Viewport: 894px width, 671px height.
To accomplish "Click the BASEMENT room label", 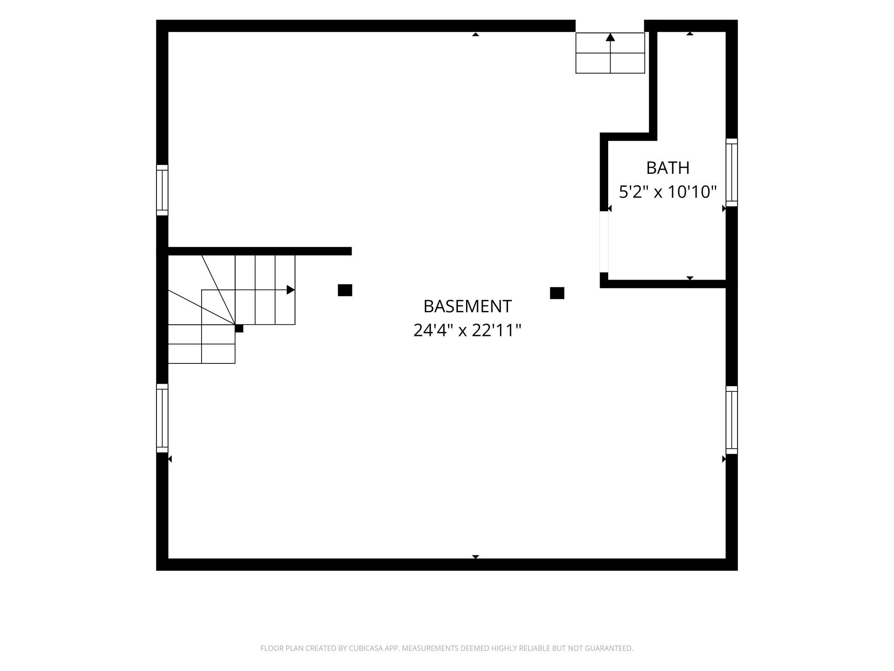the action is [x=468, y=307].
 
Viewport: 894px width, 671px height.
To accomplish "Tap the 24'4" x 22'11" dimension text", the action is [x=467, y=330].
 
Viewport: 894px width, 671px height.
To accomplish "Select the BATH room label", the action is [x=668, y=168].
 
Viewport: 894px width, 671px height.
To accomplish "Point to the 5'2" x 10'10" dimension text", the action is [x=668, y=191].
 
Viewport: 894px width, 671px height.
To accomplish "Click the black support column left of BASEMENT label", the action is [x=345, y=290].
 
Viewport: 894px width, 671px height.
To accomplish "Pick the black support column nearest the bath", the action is [x=557, y=293].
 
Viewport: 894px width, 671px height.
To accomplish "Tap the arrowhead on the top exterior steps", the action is [x=610, y=37].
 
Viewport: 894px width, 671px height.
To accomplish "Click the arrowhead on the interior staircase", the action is [x=291, y=290].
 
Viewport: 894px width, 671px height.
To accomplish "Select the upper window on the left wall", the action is [x=162, y=190].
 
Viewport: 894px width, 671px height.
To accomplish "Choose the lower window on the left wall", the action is [x=162, y=418].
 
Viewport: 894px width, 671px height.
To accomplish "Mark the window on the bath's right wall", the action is [x=732, y=172].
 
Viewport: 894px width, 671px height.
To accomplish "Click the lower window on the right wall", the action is [x=732, y=420].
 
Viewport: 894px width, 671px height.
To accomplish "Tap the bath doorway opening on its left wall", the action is [x=604, y=242].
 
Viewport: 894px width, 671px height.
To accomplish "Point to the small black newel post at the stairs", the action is [x=239, y=329].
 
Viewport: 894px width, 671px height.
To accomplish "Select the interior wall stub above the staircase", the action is [x=260, y=251].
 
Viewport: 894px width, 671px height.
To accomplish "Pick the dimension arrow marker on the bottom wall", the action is [x=475, y=557].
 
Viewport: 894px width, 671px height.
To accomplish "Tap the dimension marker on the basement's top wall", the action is [x=475, y=34].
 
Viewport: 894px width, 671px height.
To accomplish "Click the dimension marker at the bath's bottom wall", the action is [x=690, y=278].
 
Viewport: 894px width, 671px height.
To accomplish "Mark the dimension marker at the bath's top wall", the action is [x=690, y=34].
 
